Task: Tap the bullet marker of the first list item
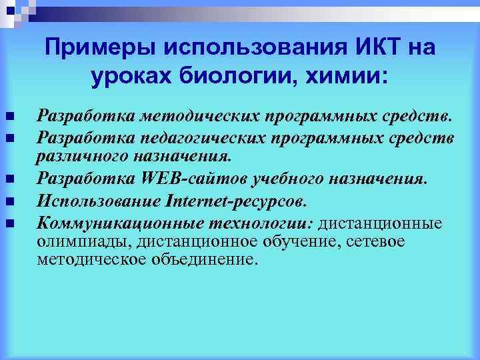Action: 9,118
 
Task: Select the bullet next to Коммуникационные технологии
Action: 9,221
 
